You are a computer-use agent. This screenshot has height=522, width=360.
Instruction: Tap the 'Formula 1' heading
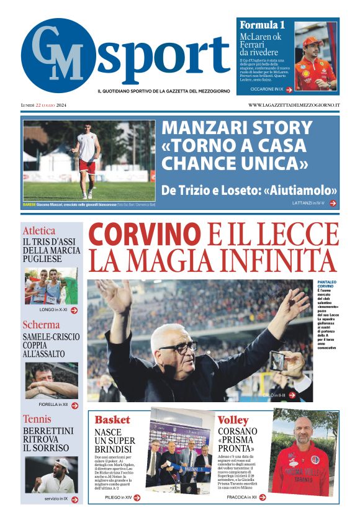pyautogui.click(x=262, y=25)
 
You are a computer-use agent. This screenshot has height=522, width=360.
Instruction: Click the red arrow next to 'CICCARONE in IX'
pyautogui.click(x=289, y=89)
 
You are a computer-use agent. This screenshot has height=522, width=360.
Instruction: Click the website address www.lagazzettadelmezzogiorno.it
pyautogui.click(x=294, y=105)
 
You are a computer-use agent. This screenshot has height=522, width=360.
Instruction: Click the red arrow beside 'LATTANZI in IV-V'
pyautogui.click(x=333, y=203)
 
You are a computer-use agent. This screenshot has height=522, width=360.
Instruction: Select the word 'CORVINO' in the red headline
pyautogui.click(x=145, y=235)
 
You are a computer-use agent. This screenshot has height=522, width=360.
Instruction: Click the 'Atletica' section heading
pyautogui.click(x=39, y=230)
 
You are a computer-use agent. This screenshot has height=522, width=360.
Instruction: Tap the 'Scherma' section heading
pyautogui.click(x=41, y=325)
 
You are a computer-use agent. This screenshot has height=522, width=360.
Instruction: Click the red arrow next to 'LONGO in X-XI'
pyautogui.click(x=74, y=310)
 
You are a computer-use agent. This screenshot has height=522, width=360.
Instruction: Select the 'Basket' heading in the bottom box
pyautogui.click(x=112, y=420)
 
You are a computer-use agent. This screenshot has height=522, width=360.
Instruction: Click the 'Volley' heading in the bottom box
pyautogui.click(x=233, y=420)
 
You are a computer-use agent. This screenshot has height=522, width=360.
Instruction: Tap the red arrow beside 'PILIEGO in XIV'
pyautogui.click(x=137, y=497)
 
